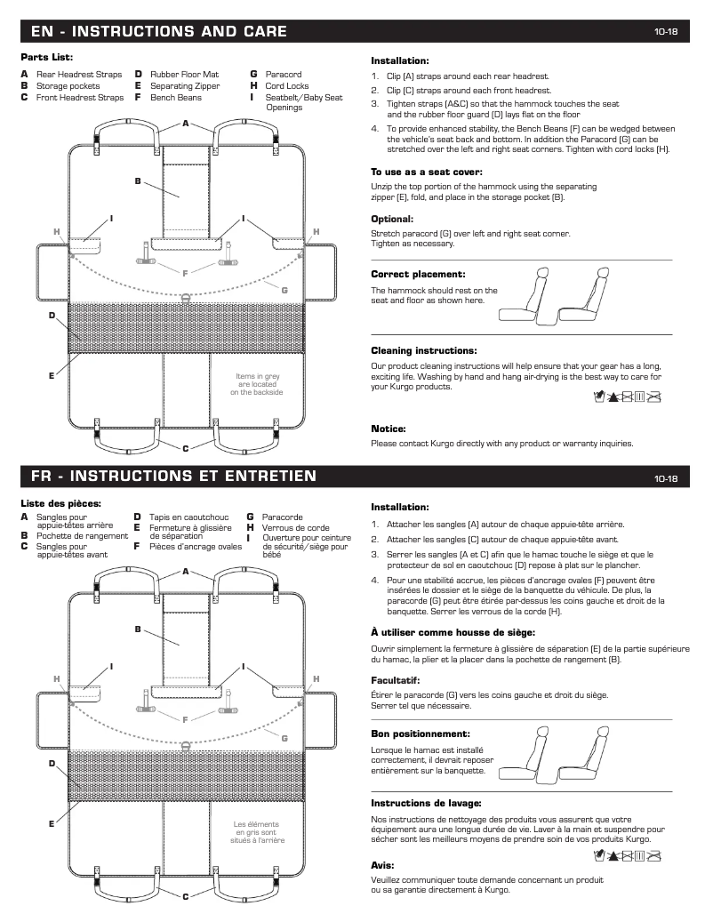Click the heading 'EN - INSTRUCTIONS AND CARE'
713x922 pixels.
[158, 32]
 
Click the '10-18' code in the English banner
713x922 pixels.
[666, 32]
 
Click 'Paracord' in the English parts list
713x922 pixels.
[284, 76]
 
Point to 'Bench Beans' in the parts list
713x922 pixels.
[175, 97]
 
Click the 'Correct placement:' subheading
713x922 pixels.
[418, 275]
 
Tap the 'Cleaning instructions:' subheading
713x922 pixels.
[423, 350]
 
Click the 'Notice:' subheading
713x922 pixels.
[389, 429]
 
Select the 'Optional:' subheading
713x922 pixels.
[392, 219]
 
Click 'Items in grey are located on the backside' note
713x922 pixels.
[258, 383]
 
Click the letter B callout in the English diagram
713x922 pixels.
[138, 180]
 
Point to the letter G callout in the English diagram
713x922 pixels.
[284, 290]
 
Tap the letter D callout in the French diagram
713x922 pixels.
[52, 763]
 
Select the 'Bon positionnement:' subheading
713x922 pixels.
[421, 734]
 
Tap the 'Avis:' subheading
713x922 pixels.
[382, 864]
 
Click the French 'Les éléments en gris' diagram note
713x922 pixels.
[257, 831]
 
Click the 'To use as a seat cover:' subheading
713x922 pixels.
[427, 172]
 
